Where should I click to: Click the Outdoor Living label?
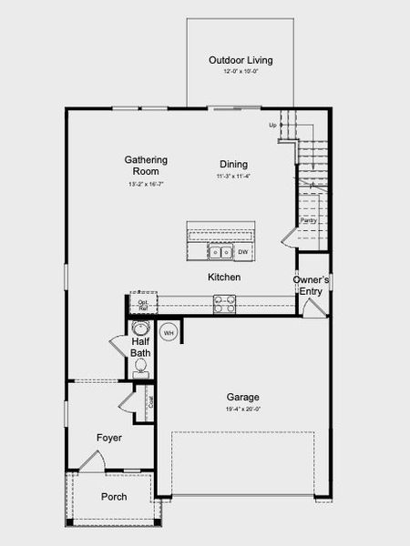(x=241, y=61)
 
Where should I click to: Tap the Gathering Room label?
(x=146, y=166)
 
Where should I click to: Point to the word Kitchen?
(x=224, y=277)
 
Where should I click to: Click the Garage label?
(x=243, y=398)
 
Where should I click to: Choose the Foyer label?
(x=109, y=438)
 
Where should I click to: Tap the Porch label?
(x=114, y=497)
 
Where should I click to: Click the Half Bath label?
(x=140, y=347)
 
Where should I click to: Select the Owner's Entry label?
(x=311, y=285)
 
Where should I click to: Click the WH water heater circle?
(x=169, y=333)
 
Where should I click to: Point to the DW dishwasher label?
(x=243, y=251)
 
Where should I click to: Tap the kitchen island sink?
(x=220, y=252)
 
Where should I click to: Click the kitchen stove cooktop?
(x=225, y=304)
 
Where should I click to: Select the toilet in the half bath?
(x=140, y=367)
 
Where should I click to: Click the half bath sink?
(x=140, y=329)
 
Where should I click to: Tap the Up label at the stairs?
(x=272, y=125)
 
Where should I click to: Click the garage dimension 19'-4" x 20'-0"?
(x=243, y=409)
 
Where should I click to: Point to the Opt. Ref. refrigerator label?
(x=143, y=304)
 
